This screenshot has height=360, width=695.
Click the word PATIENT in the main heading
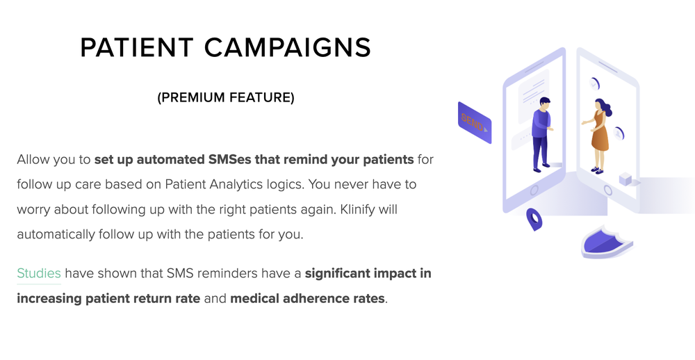pyautogui.click(x=136, y=47)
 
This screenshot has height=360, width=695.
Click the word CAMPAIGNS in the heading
pyautogui.click(x=287, y=47)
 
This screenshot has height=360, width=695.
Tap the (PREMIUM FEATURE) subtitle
pyautogui.click(x=226, y=97)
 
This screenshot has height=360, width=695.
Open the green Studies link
pyautogui.click(x=38, y=274)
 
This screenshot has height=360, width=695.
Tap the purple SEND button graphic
pyautogui.click(x=474, y=123)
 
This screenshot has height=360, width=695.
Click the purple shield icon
pyautogui.click(x=607, y=242)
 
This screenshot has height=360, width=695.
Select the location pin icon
pyautogui.click(x=534, y=219)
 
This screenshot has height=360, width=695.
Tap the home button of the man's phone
pyautogui.click(x=534, y=190)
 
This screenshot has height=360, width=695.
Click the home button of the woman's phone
pyautogui.click(x=607, y=190)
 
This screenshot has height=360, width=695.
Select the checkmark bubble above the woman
pyautogui.click(x=594, y=83)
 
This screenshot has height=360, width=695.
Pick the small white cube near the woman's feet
pyautogui.click(x=625, y=179)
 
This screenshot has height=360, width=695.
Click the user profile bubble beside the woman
pyautogui.click(x=618, y=133)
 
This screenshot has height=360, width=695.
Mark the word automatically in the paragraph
pyautogui.click(x=56, y=234)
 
